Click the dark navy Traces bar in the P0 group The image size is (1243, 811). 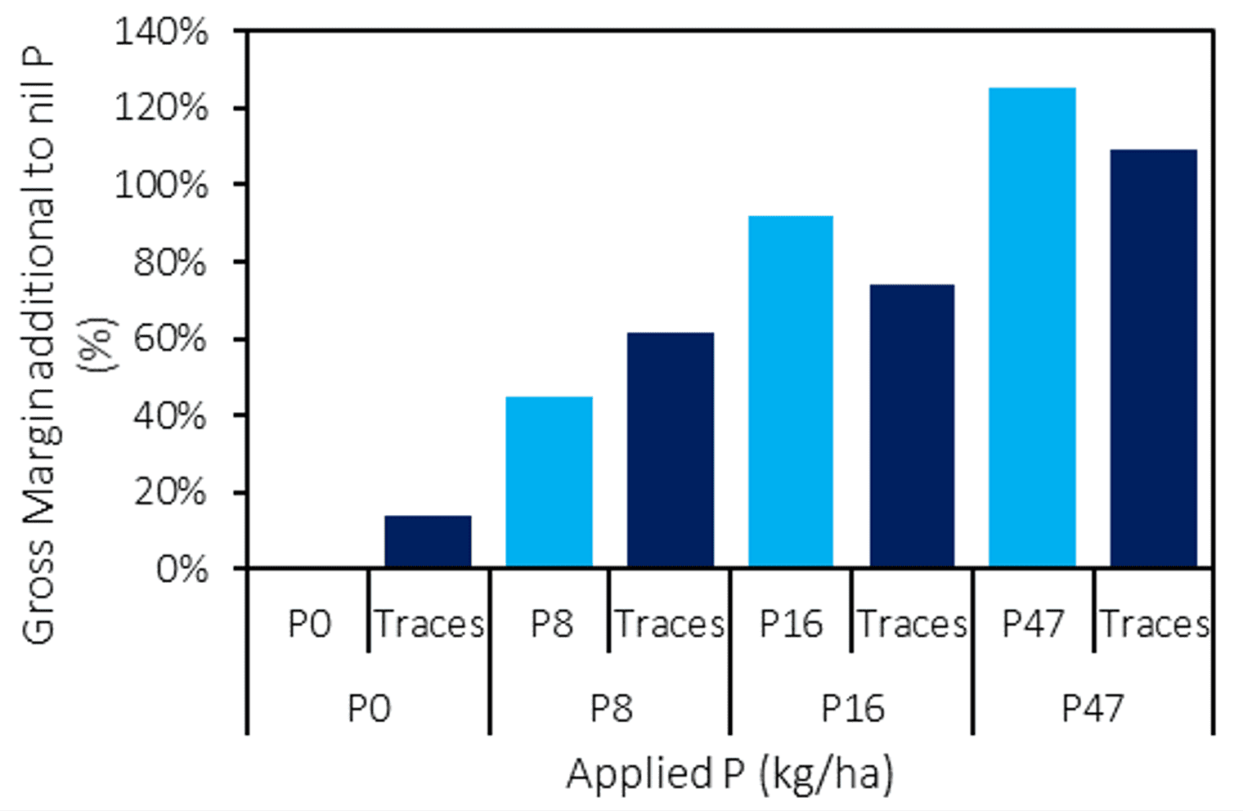pyautogui.click(x=428, y=541)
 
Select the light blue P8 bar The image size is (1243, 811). pyautogui.click(x=549, y=482)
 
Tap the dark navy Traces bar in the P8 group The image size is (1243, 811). pyautogui.click(x=670, y=450)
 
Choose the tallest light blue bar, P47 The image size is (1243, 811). pyautogui.click(x=1032, y=327)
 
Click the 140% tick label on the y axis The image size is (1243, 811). pyautogui.click(x=161, y=33)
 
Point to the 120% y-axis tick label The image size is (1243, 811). pyautogui.click(x=161, y=108)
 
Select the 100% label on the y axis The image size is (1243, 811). pyautogui.click(x=161, y=185)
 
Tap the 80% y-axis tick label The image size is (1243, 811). pyautogui.click(x=169, y=262)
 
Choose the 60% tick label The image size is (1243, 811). pyautogui.click(x=169, y=338)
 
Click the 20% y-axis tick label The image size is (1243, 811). pyautogui.click(x=169, y=492)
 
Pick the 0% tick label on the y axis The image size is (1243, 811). pyautogui.click(x=182, y=569)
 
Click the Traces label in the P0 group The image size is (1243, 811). pyautogui.click(x=429, y=625)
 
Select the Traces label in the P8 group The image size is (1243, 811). pyautogui.click(x=670, y=625)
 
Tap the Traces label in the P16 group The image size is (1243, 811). pyautogui.click(x=912, y=625)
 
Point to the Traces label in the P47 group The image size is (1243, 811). pyautogui.click(x=1154, y=625)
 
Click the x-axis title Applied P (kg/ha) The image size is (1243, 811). pyautogui.click(x=729, y=773)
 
